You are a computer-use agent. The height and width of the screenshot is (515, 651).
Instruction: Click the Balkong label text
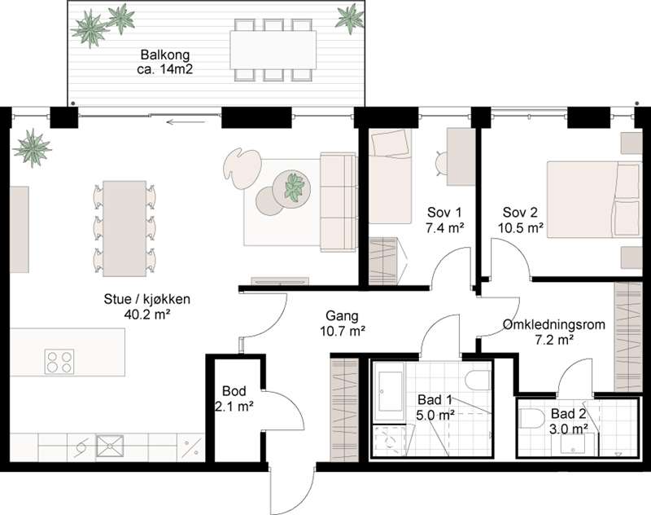pyautogui.click(x=165, y=55)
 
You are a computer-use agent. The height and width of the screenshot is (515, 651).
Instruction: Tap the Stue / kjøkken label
pyautogui.click(x=147, y=299)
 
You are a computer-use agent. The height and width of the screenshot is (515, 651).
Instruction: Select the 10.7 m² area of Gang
pyautogui.click(x=343, y=332)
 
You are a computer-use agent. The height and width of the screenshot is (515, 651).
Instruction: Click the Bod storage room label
pyautogui.click(x=234, y=391)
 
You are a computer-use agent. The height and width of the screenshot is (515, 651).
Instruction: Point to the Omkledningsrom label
pyautogui.click(x=554, y=324)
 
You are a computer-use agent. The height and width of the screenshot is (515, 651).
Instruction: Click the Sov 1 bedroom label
pyautogui.click(x=444, y=213)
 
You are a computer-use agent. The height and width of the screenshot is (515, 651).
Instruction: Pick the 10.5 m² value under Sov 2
pyautogui.click(x=521, y=228)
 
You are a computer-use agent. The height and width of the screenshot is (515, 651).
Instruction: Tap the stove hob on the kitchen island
pyautogui.click(x=59, y=361)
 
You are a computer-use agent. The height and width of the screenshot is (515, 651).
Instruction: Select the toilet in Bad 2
pyautogui.click(x=531, y=419)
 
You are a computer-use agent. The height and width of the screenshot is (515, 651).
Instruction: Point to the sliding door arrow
pyautogui.click(x=186, y=122)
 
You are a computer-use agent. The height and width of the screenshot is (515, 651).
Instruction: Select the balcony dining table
pyautogui.click(x=273, y=51)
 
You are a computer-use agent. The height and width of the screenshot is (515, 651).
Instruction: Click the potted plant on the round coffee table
pyautogui.click(x=295, y=187)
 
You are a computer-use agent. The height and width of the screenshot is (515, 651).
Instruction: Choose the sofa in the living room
pyautogui.click(x=339, y=202)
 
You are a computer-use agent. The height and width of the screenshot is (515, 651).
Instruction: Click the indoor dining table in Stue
pyautogui.click(x=125, y=229)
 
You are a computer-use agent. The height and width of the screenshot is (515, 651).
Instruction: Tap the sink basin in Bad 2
pyautogui.click(x=574, y=444)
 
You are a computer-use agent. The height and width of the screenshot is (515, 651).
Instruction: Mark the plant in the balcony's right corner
pyautogui.click(x=350, y=17)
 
